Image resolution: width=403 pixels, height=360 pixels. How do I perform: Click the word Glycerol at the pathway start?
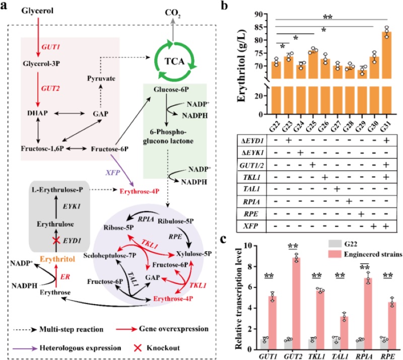click(38, 11)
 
